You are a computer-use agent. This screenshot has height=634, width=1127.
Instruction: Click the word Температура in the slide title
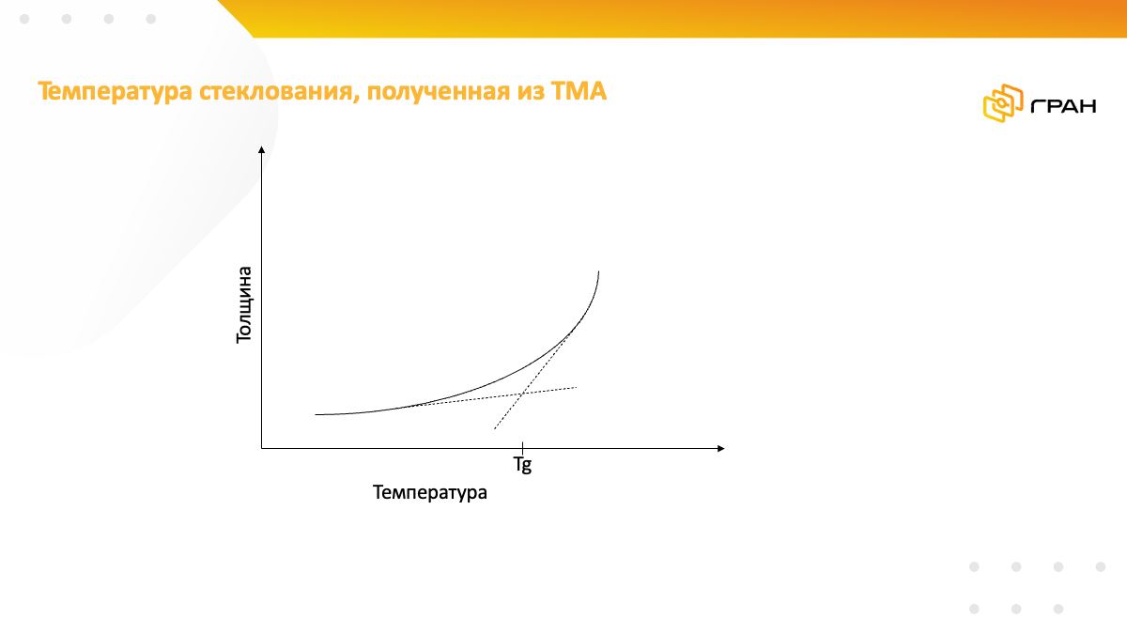pyautogui.click(x=116, y=92)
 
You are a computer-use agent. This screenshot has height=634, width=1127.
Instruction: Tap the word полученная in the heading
pyautogui.click(x=439, y=92)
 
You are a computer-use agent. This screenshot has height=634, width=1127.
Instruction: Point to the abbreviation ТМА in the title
pyautogui.click(x=579, y=91)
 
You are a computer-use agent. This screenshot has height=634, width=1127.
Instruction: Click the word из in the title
pyautogui.click(x=531, y=93)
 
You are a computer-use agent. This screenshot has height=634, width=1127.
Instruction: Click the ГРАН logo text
pyautogui.click(x=1063, y=106)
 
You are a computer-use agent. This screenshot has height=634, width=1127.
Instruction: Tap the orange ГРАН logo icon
pyautogui.click(x=1003, y=103)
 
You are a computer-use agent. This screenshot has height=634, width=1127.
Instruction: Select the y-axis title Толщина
pyautogui.click(x=243, y=305)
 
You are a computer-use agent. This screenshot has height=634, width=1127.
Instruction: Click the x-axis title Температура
pyautogui.click(x=430, y=492)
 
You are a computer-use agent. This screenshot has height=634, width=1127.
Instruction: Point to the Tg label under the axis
pyautogui.click(x=522, y=464)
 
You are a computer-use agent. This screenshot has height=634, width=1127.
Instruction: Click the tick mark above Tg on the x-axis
pyautogui.click(x=523, y=447)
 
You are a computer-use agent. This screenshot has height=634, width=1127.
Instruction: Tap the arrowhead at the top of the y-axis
pyautogui.click(x=262, y=149)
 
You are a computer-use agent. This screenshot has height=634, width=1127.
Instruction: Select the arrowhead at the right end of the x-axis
pyautogui.click(x=721, y=448)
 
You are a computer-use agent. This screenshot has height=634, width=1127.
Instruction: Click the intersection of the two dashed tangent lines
pyautogui.click(x=523, y=394)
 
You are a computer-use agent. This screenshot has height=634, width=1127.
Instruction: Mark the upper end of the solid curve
pyautogui.click(x=599, y=271)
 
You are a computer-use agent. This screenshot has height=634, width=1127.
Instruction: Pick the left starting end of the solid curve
pyautogui.click(x=316, y=414)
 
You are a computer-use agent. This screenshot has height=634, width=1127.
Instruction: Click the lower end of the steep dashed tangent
pyautogui.click(x=495, y=429)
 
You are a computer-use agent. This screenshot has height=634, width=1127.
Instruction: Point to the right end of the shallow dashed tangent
pyautogui.click(x=577, y=387)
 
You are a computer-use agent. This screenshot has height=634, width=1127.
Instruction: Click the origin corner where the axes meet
pyautogui.click(x=262, y=448)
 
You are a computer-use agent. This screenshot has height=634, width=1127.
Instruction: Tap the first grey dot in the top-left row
pyautogui.click(x=24, y=19)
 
